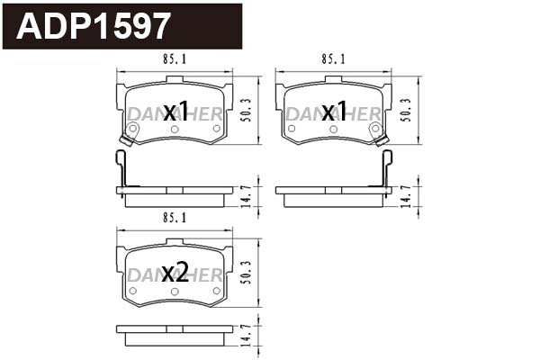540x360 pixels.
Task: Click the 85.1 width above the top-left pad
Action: [175, 61]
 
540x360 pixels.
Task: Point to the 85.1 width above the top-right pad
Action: [333, 61]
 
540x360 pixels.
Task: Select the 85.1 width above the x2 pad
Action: [175, 218]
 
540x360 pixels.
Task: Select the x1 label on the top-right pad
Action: [334, 112]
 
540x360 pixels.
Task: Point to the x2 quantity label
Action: [175, 273]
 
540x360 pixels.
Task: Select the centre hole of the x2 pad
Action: [175, 290]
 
